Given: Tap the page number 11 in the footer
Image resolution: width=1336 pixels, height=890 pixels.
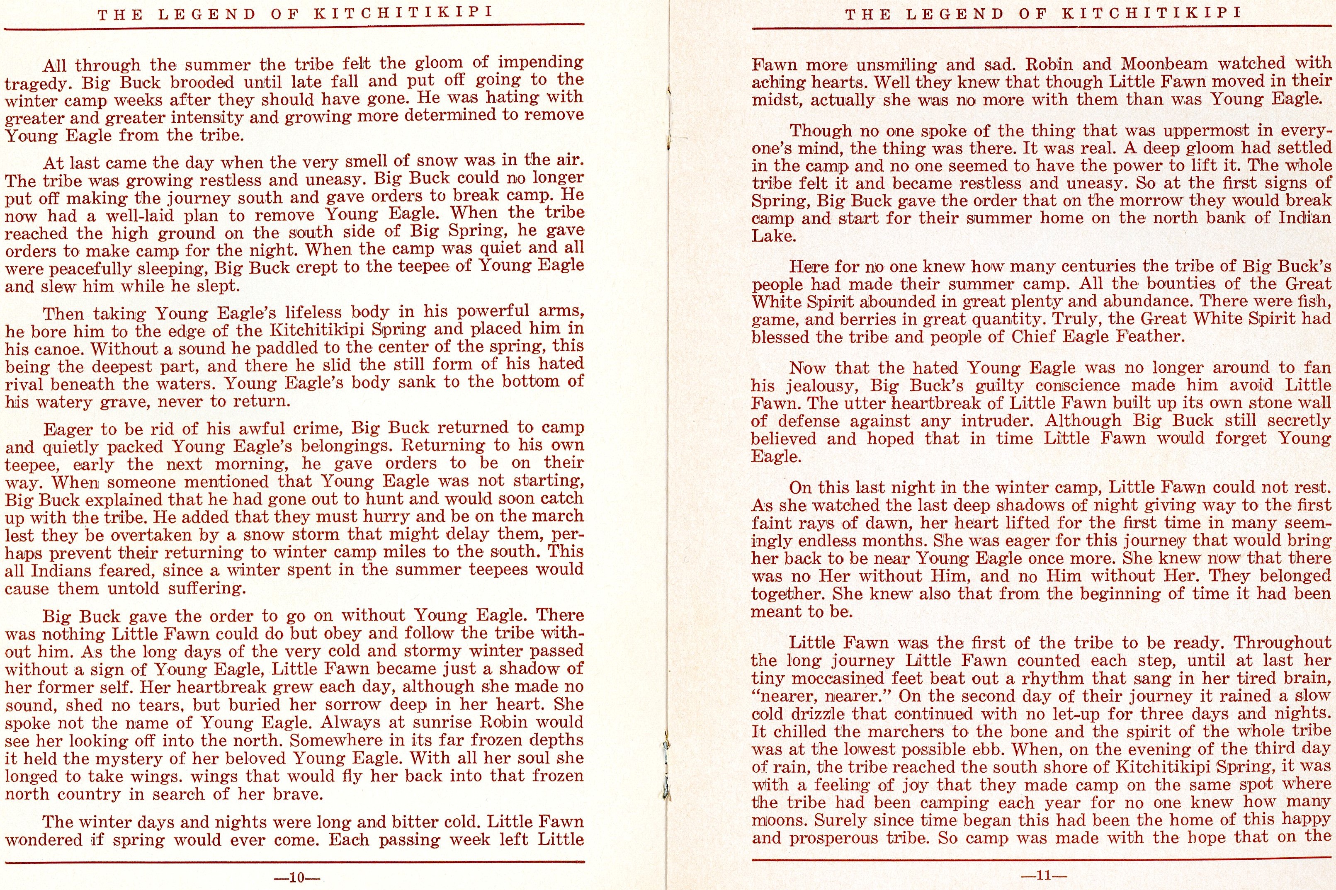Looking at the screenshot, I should [1044, 875].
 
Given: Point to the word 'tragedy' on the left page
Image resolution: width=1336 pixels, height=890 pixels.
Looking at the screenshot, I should [38, 83].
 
